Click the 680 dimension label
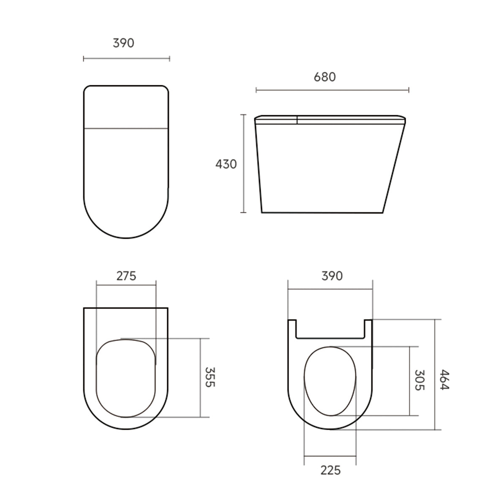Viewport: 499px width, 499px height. coord(324,77)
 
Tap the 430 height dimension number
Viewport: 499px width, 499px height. coord(226,164)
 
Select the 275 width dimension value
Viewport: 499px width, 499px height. coord(126,276)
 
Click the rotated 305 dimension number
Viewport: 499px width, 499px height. coord(419,380)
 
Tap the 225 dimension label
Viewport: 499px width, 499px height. coord(330,470)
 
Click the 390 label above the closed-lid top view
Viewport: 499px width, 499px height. coord(123,43)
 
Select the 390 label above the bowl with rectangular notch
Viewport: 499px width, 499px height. coord(331,276)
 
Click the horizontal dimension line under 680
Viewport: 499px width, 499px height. coord(332,90)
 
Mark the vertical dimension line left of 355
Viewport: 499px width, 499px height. coord(200,377)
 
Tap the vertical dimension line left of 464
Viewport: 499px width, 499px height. coord(435,374)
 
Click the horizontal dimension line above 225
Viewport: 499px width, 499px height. coord(330,456)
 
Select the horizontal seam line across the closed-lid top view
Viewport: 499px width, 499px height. coord(126,127)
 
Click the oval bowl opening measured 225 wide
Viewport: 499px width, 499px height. coord(330,380)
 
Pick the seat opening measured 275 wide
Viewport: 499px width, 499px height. coord(126,378)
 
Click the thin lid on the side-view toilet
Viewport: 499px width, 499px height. coord(330,119)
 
